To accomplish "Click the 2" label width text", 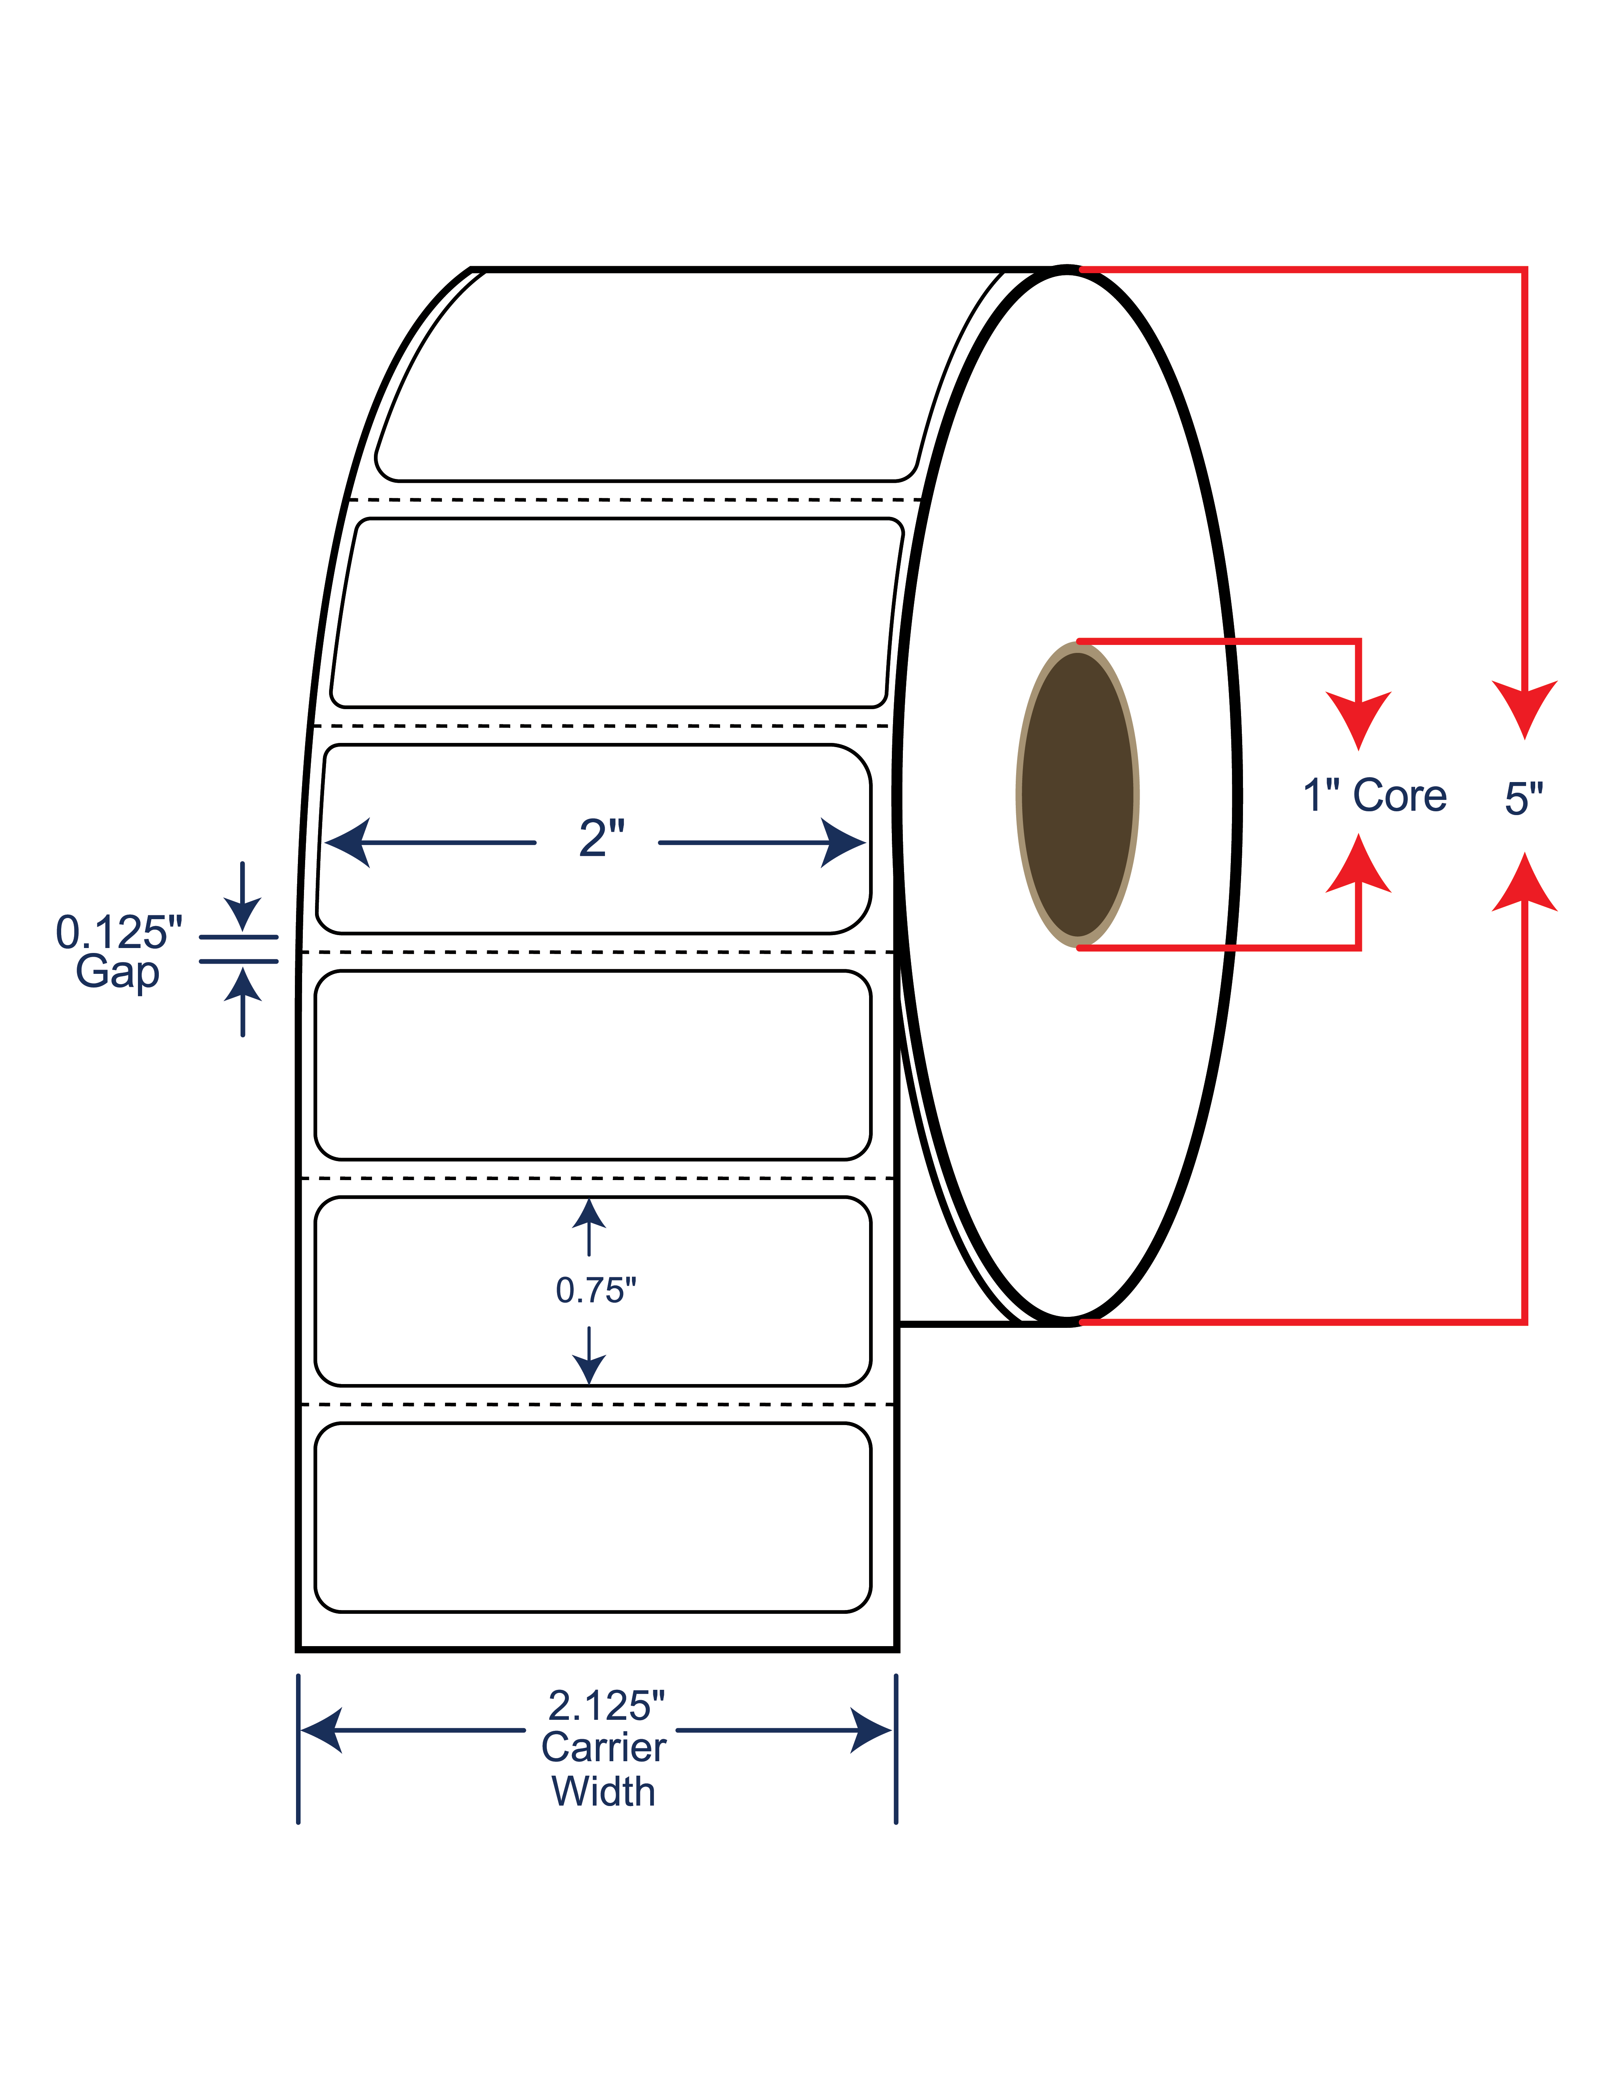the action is coord(602,839).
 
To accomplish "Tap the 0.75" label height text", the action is coord(596,1290).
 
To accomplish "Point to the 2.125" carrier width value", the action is coord(606,1705).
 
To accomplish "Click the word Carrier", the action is coord(604,1748).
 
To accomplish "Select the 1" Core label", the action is coord(1375,796).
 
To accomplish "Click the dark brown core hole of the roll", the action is coord(1077,795).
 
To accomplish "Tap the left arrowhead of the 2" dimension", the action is coord(346,843).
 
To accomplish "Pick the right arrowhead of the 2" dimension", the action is coord(844,843).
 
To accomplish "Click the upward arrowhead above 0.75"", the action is coord(588,1213).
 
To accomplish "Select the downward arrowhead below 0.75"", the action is coord(588,1370).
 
